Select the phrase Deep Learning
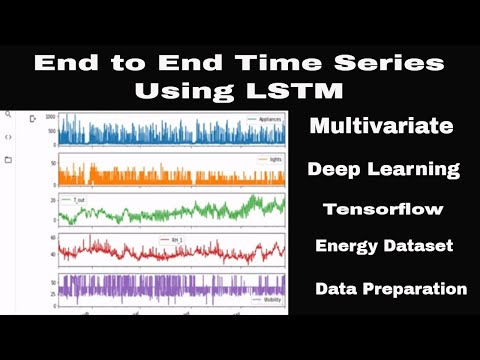point(384,169)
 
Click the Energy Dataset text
point(383,246)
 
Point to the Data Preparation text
point(391,289)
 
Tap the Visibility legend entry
point(264,299)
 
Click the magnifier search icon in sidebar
point(8,115)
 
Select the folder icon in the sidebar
point(8,159)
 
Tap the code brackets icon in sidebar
point(8,137)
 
